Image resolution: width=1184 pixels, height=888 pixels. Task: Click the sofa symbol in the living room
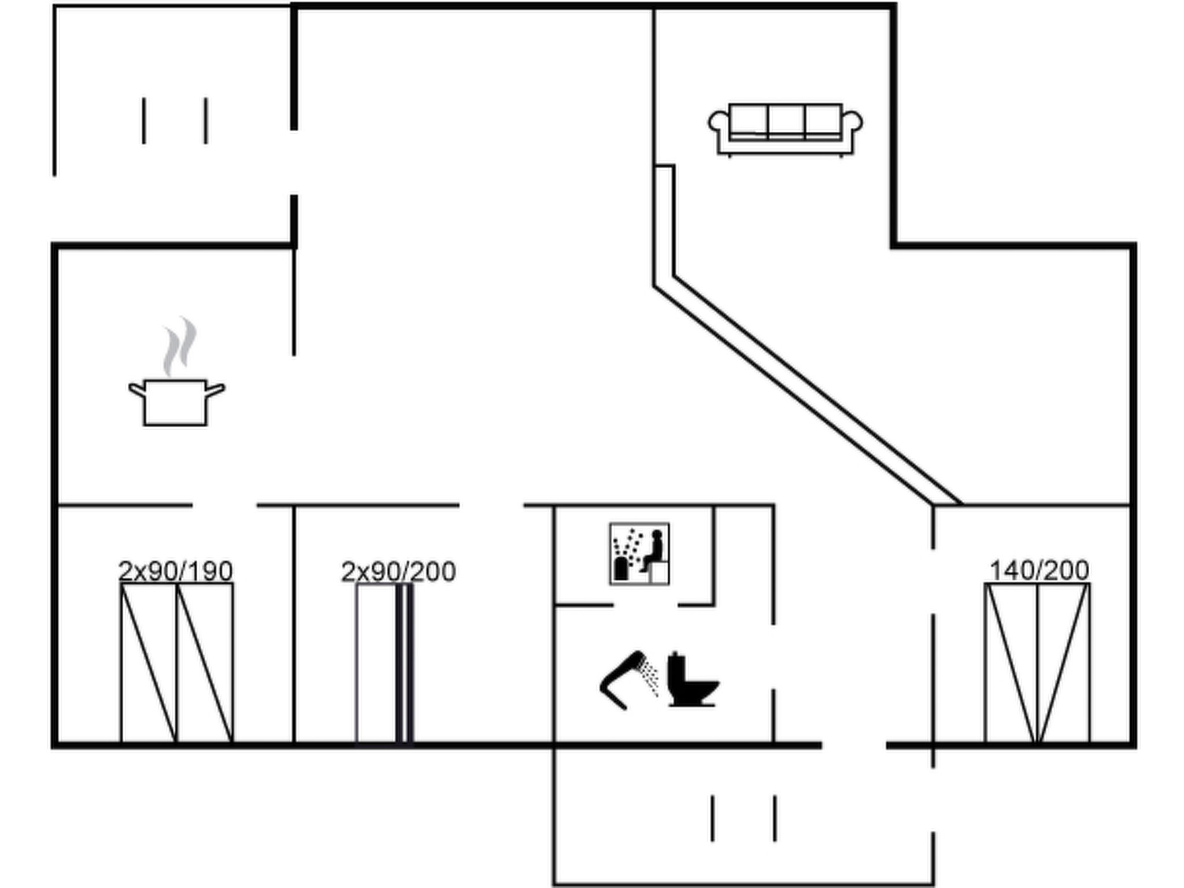(785, 129)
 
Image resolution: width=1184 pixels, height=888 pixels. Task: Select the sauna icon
(639, 553)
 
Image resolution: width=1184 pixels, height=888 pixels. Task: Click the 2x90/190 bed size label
(175, 571)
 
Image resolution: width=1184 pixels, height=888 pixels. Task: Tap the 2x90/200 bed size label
(398, 572)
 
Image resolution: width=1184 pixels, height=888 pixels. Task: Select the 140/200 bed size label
(1039, 571)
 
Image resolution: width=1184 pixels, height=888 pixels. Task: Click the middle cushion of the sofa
(786, 120)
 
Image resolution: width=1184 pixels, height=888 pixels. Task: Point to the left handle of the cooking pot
(136, 390)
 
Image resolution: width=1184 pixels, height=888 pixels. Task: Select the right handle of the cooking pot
(216, 390)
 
